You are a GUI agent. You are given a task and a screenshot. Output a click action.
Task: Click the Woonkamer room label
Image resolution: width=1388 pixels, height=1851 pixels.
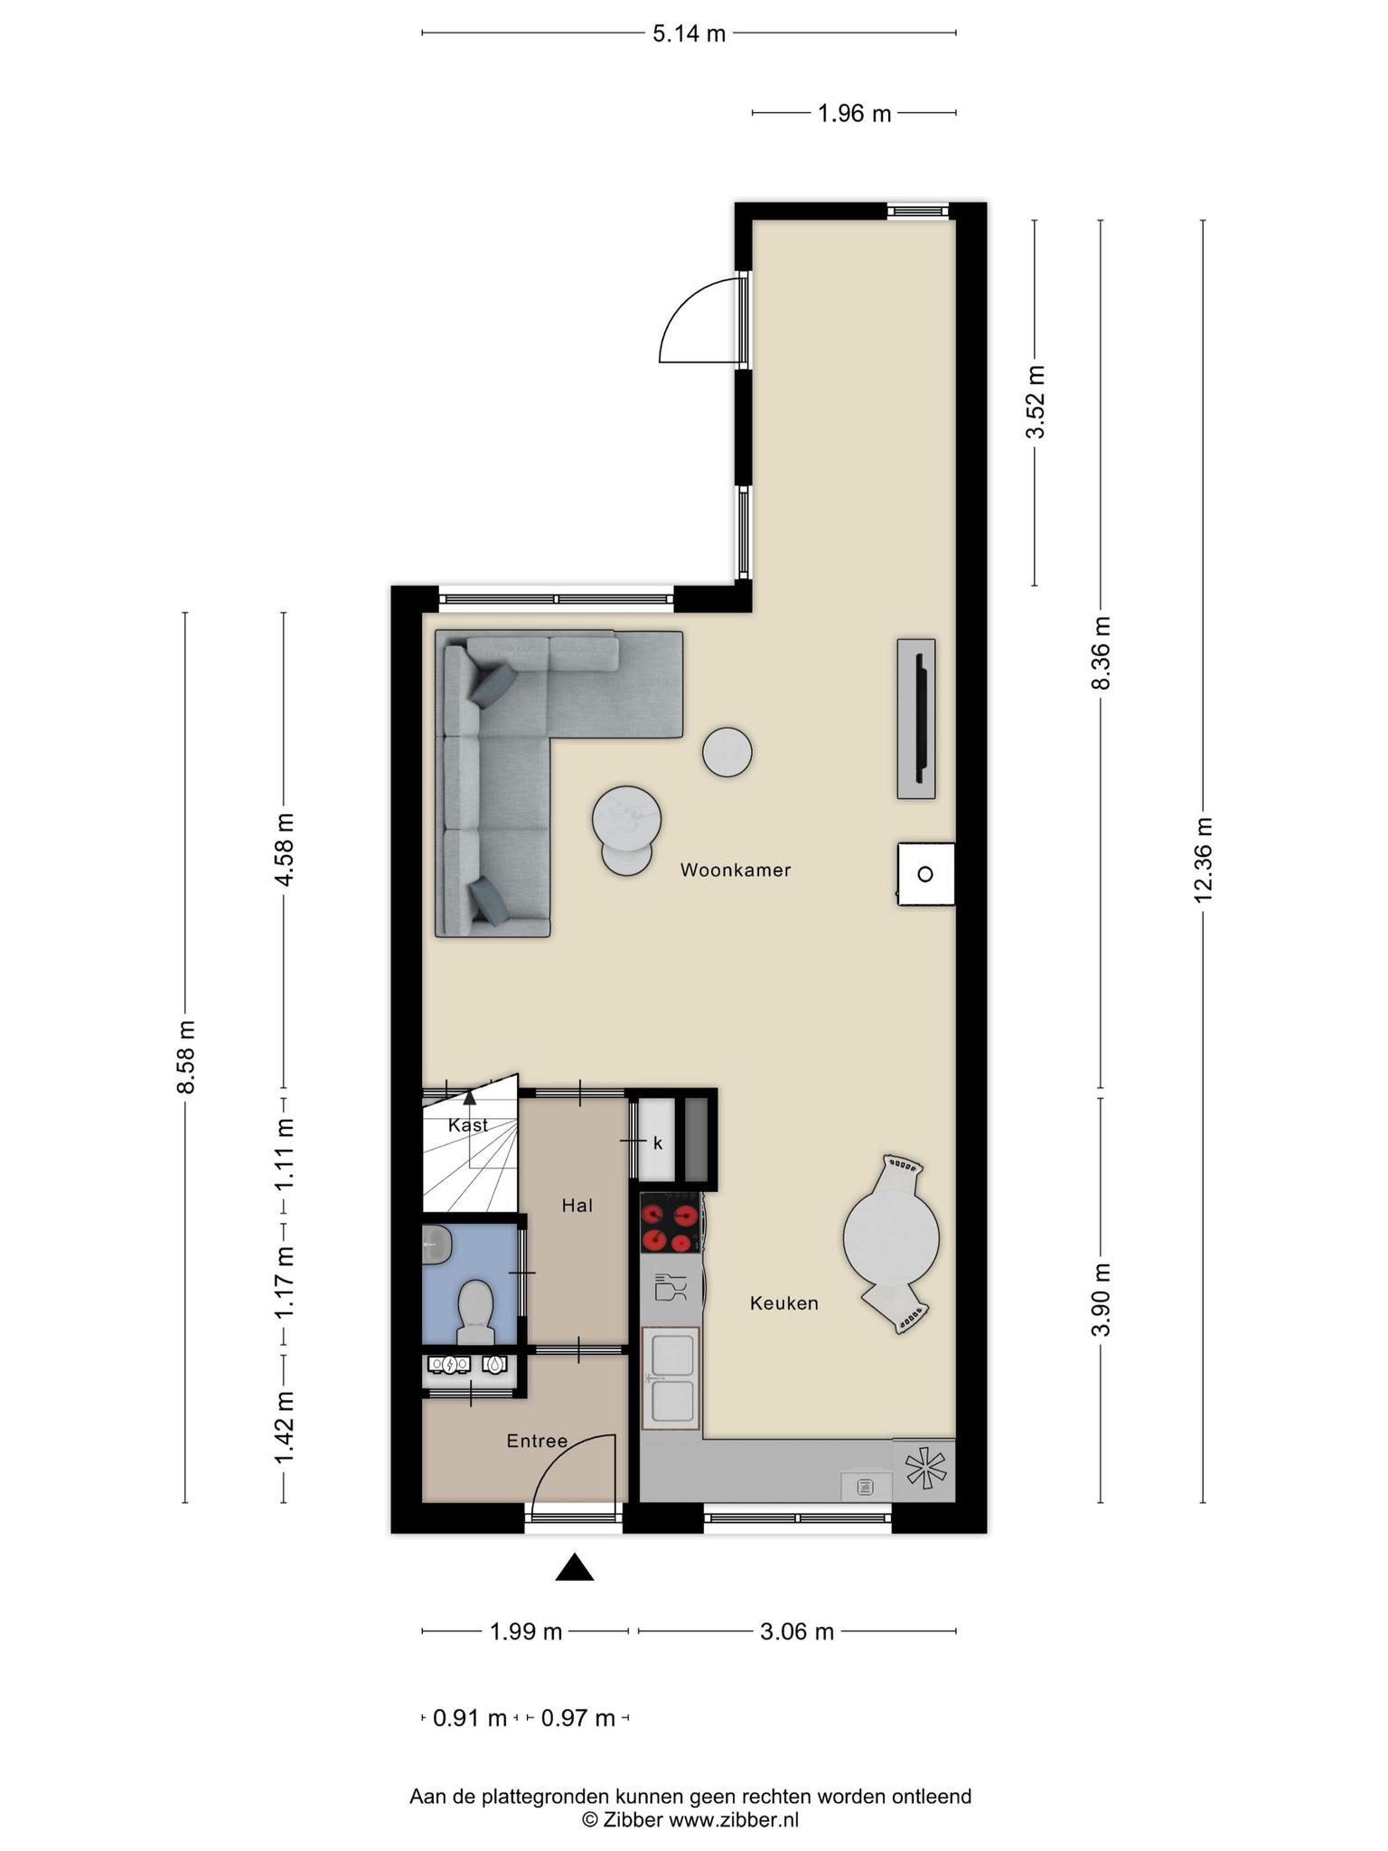(x=736, y=870)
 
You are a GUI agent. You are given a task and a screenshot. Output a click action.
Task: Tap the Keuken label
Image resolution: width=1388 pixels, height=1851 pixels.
(x=784, y=1303)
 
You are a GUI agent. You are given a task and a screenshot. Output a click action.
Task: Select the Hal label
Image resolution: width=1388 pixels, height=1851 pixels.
(x=577, y=1205)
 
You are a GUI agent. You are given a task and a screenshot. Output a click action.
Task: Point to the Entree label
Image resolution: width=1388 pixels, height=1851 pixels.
(x=537, y=1441)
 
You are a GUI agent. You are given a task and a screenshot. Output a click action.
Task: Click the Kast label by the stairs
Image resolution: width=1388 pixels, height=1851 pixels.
(x=468, y=1125)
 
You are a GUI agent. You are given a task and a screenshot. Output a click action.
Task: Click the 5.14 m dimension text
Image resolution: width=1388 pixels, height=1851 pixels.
(x=689, y=34)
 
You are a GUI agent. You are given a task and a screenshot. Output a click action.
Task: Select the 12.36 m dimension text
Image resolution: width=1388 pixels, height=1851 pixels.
(x=1203, y=860)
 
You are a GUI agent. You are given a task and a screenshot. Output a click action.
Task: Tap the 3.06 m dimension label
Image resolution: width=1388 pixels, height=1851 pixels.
(x=796, y=1631)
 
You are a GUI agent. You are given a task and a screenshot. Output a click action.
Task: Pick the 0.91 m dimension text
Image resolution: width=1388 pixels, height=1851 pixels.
(x=470, y=1718)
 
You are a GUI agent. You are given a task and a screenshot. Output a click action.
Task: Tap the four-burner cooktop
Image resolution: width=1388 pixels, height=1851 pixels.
(x=671, y=1223)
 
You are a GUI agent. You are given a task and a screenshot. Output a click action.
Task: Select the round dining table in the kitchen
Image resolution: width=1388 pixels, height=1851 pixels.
(x=891, y=1237)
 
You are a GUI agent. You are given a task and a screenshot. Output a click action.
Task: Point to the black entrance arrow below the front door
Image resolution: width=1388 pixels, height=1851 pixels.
(x=574, y=1567)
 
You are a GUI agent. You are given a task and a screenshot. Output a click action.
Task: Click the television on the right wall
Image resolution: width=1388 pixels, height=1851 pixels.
(x=916, y=719)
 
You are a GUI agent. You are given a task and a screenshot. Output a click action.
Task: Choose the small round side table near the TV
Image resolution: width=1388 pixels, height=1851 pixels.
(x=727, y=752)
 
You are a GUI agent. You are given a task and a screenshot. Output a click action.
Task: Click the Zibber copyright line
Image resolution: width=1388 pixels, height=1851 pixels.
(x=690, y=1820)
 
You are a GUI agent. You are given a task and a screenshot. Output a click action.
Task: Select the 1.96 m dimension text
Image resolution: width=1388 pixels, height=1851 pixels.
(x=854, y=114)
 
